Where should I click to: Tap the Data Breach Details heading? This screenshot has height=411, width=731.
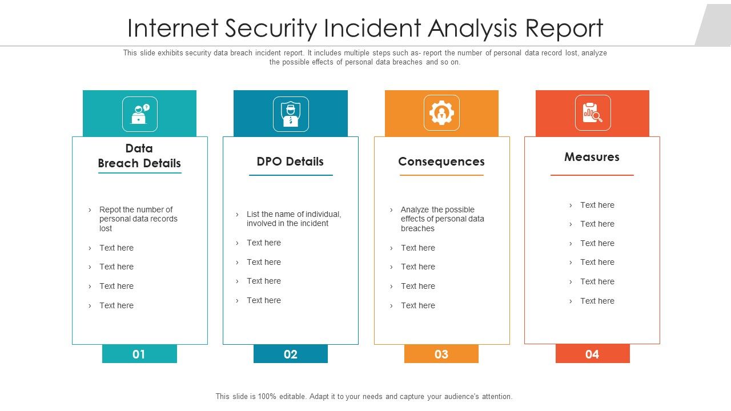click(x=139, y=156)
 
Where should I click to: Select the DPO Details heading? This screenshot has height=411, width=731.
click(x=290, y=162)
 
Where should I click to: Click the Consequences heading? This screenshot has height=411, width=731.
click(x=441, y=162)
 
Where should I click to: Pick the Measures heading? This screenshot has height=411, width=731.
click(x=592, y=157)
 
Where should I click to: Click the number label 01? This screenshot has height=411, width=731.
click(x=139, y=354)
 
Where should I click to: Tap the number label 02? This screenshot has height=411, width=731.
click(x=290, y=354)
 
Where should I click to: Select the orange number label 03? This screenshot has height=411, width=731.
click(x=441, y=354)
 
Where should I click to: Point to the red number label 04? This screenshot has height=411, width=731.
click(x=592, y=354)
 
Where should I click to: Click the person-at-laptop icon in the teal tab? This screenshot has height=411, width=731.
click(x=139, y=114)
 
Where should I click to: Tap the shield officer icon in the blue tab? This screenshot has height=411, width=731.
click(x=291, y=114)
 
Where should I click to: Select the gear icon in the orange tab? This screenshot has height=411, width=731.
click(x=441, y=113)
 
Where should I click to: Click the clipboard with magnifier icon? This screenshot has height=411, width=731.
click(x=592, y=113)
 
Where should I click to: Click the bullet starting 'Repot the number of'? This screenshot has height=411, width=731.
click(x=138, y=219)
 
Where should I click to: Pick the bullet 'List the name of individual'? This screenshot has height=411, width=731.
click(x=294, y=219)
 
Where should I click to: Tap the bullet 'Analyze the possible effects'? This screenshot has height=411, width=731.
click(x=442, y=219)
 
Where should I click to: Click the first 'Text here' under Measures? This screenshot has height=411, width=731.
click(x=597, y=205)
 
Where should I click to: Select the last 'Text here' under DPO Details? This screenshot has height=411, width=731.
click(x=263, y=300)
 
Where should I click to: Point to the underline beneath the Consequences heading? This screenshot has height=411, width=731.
click(x=441, y=175)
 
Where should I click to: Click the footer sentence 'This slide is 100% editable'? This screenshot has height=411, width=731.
click(x=364, y=396)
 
